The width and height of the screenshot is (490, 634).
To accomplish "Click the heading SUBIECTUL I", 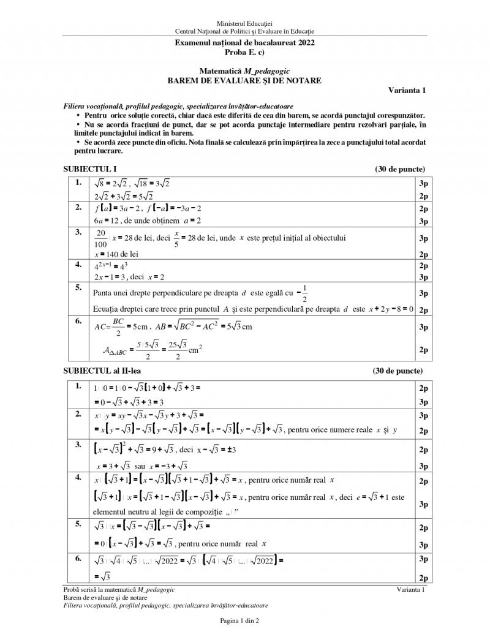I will click(90, 169).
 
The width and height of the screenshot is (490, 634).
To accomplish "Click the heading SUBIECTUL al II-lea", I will click(105, 371).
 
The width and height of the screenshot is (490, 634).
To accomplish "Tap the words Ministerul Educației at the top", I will click(244, 23).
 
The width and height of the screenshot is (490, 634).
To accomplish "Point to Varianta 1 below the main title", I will click(407, 90).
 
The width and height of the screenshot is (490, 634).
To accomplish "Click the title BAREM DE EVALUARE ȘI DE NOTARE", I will click(244, 80).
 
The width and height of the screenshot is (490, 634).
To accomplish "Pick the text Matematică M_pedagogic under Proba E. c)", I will click(244, 71).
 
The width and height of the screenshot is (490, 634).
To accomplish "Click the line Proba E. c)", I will click(244, 52).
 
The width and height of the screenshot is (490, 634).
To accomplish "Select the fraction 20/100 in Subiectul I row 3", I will click(101, 238).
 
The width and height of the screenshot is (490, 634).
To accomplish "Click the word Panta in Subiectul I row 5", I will click(105, 293).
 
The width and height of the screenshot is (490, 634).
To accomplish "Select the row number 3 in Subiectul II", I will click(78, 444).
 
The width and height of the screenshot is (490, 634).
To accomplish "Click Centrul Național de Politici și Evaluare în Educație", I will click(244, 31).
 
